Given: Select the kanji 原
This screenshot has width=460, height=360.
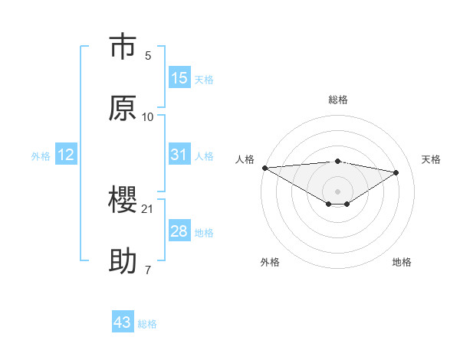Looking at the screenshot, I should (123, 108).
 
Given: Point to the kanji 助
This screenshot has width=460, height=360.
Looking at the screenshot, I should (123, 261).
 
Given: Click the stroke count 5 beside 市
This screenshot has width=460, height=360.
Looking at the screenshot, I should (148, 56).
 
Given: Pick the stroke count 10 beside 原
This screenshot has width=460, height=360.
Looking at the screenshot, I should (148, 116).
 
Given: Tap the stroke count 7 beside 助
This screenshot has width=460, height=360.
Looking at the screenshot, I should (148, 270).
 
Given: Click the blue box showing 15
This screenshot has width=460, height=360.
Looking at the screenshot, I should (179, 78).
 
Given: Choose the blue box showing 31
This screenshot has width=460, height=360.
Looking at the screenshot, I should (179, 155).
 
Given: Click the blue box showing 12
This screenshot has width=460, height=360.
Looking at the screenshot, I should (66, 155).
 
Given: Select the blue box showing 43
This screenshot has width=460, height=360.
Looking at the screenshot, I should (123, 322).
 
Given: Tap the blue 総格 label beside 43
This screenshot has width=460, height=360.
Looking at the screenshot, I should (147, 324).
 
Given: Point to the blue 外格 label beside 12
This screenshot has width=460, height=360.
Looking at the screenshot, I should (41, 156).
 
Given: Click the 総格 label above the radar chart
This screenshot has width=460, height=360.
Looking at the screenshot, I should (338, 100).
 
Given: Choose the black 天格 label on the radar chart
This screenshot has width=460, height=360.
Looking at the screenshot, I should (431, 159).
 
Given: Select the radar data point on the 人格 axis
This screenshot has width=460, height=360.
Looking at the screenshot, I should (264, 168).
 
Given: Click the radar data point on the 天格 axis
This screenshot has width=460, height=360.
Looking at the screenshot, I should (396, 172).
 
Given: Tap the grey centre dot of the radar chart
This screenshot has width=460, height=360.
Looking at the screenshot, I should (338, 191).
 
